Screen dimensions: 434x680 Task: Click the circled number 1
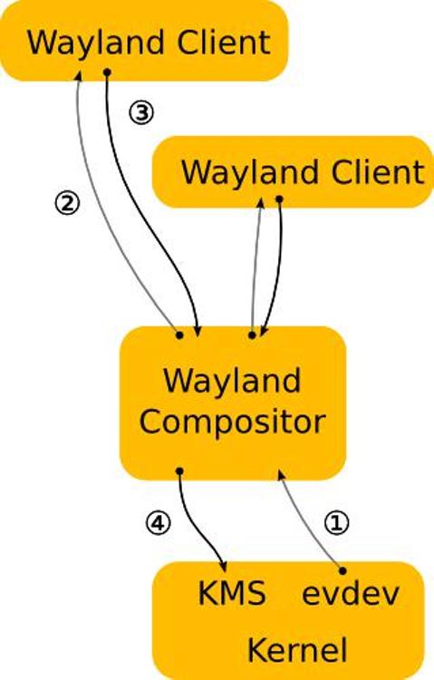(x=336, y=522)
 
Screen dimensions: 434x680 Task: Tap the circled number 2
(x=67, y=203)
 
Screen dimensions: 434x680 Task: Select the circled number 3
(x=141, y=113)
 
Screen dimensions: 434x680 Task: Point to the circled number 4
(x=158, y=523)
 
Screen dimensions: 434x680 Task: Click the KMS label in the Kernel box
(x=232, y=593)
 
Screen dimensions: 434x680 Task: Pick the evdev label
(x=351, y=592)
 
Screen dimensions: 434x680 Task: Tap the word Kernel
(x=297, y=650)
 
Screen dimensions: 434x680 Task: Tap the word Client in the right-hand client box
(x=378, y=172)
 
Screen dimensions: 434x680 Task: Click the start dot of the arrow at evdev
(x=342, y=570)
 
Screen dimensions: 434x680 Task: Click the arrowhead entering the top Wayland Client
(x=79, y=76)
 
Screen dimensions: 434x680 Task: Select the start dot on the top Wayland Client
(x=108, y=72)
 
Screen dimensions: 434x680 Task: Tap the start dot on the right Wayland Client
(x=280, y=199)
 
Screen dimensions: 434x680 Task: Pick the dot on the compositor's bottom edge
(x=180, y=471)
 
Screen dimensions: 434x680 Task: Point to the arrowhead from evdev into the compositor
(x=282, y=476)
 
